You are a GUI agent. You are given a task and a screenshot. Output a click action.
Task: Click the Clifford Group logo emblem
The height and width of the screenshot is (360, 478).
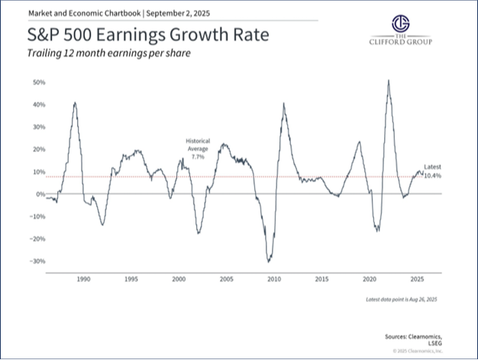(400, 24)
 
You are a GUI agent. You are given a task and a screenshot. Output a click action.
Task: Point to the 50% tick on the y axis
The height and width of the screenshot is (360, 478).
(40, 82)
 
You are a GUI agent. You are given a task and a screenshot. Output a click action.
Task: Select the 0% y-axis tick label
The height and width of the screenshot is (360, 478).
(41, 194)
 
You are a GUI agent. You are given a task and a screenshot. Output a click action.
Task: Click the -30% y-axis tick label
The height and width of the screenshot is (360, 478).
(39, 261)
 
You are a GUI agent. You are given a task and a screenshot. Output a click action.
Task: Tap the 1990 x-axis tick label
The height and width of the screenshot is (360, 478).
(84, 280)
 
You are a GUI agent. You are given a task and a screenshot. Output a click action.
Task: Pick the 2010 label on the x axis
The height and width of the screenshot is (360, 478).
(273, 280)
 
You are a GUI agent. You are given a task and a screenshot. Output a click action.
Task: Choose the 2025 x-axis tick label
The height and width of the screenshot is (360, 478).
(417, 280)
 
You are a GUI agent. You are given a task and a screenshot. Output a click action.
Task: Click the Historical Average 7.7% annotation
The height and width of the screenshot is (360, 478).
(198, 148)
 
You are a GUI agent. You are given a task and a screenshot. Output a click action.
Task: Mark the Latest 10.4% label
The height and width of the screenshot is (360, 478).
(432, 171)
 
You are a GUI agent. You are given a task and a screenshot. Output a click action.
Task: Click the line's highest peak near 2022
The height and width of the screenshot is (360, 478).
(389, 80)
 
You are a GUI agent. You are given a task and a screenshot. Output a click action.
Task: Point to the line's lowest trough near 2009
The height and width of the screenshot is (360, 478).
(268, 262)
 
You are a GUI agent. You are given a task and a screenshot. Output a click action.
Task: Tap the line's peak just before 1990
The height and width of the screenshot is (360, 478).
(75, 102)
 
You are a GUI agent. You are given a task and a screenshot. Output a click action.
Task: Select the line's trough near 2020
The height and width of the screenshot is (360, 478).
(376, 229)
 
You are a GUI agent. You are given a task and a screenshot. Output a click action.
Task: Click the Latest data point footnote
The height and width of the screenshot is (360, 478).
(402, 298)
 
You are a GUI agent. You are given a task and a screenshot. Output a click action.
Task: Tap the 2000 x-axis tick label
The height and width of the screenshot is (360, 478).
(179, 280)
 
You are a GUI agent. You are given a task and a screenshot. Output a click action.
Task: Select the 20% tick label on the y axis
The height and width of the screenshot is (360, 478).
(40, 149)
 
